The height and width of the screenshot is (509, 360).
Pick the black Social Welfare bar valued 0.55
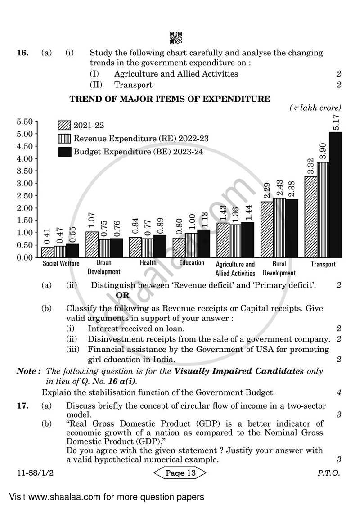click(x=72, y=250)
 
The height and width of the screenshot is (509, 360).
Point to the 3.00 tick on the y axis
click(x=25, y=183)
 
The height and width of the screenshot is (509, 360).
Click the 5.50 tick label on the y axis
click(x=25, y=122)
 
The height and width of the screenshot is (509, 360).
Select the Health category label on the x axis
click(x=148, y=263)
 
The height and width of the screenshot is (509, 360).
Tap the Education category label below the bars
click(x=192, y=263)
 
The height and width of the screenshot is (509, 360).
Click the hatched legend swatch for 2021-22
click(x=64, y=126)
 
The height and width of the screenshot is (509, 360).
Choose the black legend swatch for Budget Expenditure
click(x=64, y=152)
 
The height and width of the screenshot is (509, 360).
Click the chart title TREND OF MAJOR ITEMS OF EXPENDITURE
click(x=170, y=99)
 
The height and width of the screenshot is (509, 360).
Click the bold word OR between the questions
click(x=122, y=295)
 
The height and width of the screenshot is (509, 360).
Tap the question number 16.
click(x=22, y=53)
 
